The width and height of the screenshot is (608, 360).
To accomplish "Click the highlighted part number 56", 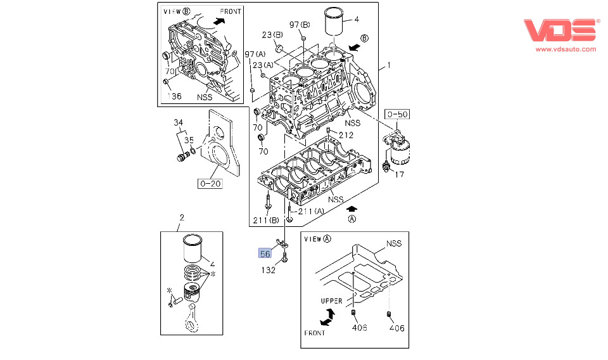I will tap(265, 254).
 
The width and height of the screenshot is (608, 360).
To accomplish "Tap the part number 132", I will tap(269, 271).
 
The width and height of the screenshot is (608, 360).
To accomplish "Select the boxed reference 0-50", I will tap(397, 114).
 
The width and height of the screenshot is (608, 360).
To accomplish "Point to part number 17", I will tap(400, 174).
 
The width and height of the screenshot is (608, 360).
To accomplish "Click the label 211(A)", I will tap(311, 211).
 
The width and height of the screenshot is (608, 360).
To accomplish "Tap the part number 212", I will tap(346, 135).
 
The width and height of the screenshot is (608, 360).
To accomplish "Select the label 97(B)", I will tap(300, 25).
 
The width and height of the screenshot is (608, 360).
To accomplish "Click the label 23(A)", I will tap(263, 65).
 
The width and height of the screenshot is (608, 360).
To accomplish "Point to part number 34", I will tap(179, 122).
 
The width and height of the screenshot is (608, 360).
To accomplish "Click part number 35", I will tap(189, 140).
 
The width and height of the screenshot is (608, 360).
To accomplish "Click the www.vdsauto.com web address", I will tap(566, 49).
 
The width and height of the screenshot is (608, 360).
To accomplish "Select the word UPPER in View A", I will tap(332, 300).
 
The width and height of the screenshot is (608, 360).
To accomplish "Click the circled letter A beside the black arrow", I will tap(352, 219).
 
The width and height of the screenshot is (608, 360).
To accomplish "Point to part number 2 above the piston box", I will tap(182, 217).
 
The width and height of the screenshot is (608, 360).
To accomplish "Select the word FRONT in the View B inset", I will tap(231, 11).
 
